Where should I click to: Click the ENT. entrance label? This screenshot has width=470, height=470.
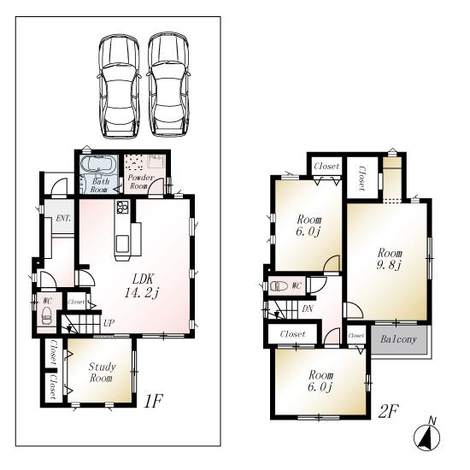coord(63,219)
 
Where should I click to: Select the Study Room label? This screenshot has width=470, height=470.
coord(102,372)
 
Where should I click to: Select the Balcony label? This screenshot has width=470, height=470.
coord(398,340)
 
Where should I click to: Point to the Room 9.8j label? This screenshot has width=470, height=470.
coord(391,259)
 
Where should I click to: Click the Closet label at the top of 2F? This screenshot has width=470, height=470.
coord(326,166)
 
